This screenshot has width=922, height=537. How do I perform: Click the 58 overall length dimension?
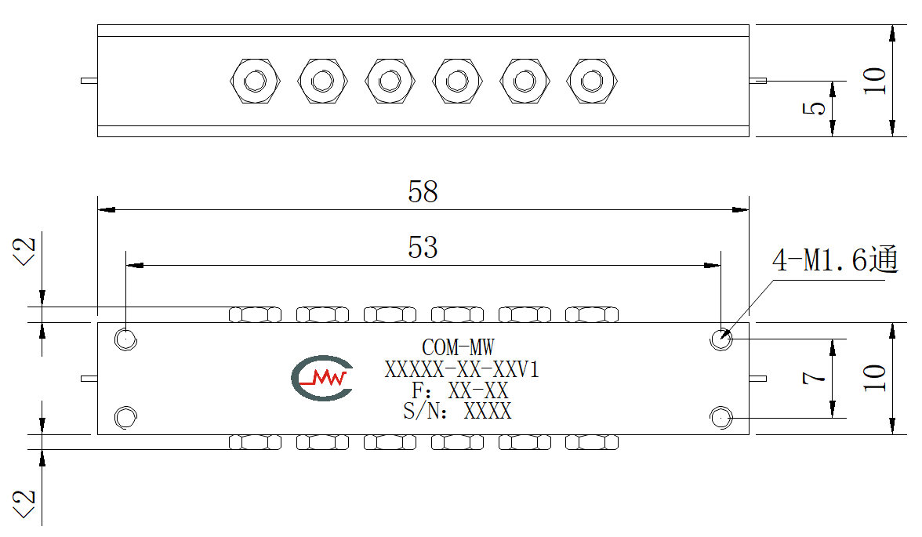pos(423,192)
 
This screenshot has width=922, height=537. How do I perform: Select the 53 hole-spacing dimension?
pos(423,248)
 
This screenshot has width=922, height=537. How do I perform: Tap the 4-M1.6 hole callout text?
pos(835,259)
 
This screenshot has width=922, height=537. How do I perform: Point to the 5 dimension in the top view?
pos(814,108)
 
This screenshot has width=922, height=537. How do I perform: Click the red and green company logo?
pos(322,378)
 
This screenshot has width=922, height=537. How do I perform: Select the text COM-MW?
pos(458,347)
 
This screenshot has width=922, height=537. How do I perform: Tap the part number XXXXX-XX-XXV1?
pos(462,369)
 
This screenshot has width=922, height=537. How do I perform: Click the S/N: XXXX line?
pos(457,411)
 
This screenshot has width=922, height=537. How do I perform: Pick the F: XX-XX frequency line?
pos(459,390)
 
